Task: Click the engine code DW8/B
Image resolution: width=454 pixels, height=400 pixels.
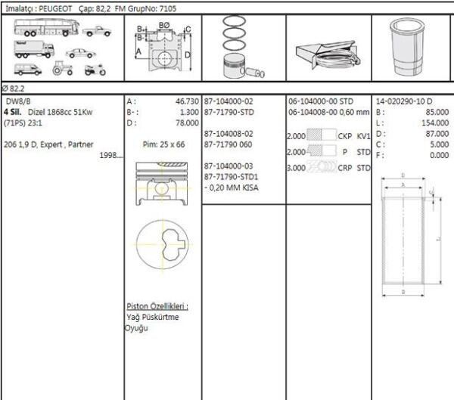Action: pyautogui.click(x=19, y=101)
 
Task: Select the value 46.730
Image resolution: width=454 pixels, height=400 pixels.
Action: pyautogui.click(x=186, y=101)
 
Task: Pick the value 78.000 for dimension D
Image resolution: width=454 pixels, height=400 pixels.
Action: pyautogui.click(x=186, y=122)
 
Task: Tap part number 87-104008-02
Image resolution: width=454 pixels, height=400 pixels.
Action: pyautogui.click(x=229, y=133)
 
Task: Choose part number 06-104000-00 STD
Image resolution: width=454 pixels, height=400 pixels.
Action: pyautogui.click(x=322, y=101)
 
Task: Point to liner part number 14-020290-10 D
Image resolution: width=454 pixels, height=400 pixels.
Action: pyautogui.click(x=404, y=101)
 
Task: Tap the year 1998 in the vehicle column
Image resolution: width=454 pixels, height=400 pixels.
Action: pyautogui.click(x=110, y=155)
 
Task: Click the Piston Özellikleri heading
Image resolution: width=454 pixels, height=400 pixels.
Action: pyautogui.click(x=157, y=306)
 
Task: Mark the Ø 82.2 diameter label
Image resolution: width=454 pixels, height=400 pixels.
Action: pyautogui.click(x=13, y=88)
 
